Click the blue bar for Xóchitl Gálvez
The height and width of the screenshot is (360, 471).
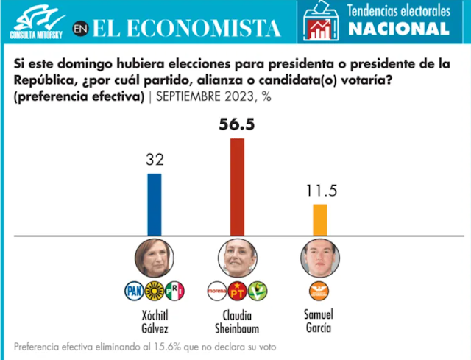coord(154,204)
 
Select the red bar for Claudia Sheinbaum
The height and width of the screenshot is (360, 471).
coord(237,186)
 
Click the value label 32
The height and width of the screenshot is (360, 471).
coord(154,160)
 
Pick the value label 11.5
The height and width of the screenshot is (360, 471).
coord(321,191)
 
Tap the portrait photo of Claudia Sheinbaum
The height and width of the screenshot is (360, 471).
coord(237,258)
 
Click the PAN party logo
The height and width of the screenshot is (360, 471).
coord(133,290)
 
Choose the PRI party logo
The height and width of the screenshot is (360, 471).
coord(174,290)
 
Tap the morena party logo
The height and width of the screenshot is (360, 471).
coord(216,290)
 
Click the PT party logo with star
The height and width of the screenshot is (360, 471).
coord(237,290)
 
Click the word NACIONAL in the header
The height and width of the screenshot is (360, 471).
coord(398,29)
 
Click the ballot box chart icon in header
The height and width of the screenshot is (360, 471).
coord(320,21)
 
